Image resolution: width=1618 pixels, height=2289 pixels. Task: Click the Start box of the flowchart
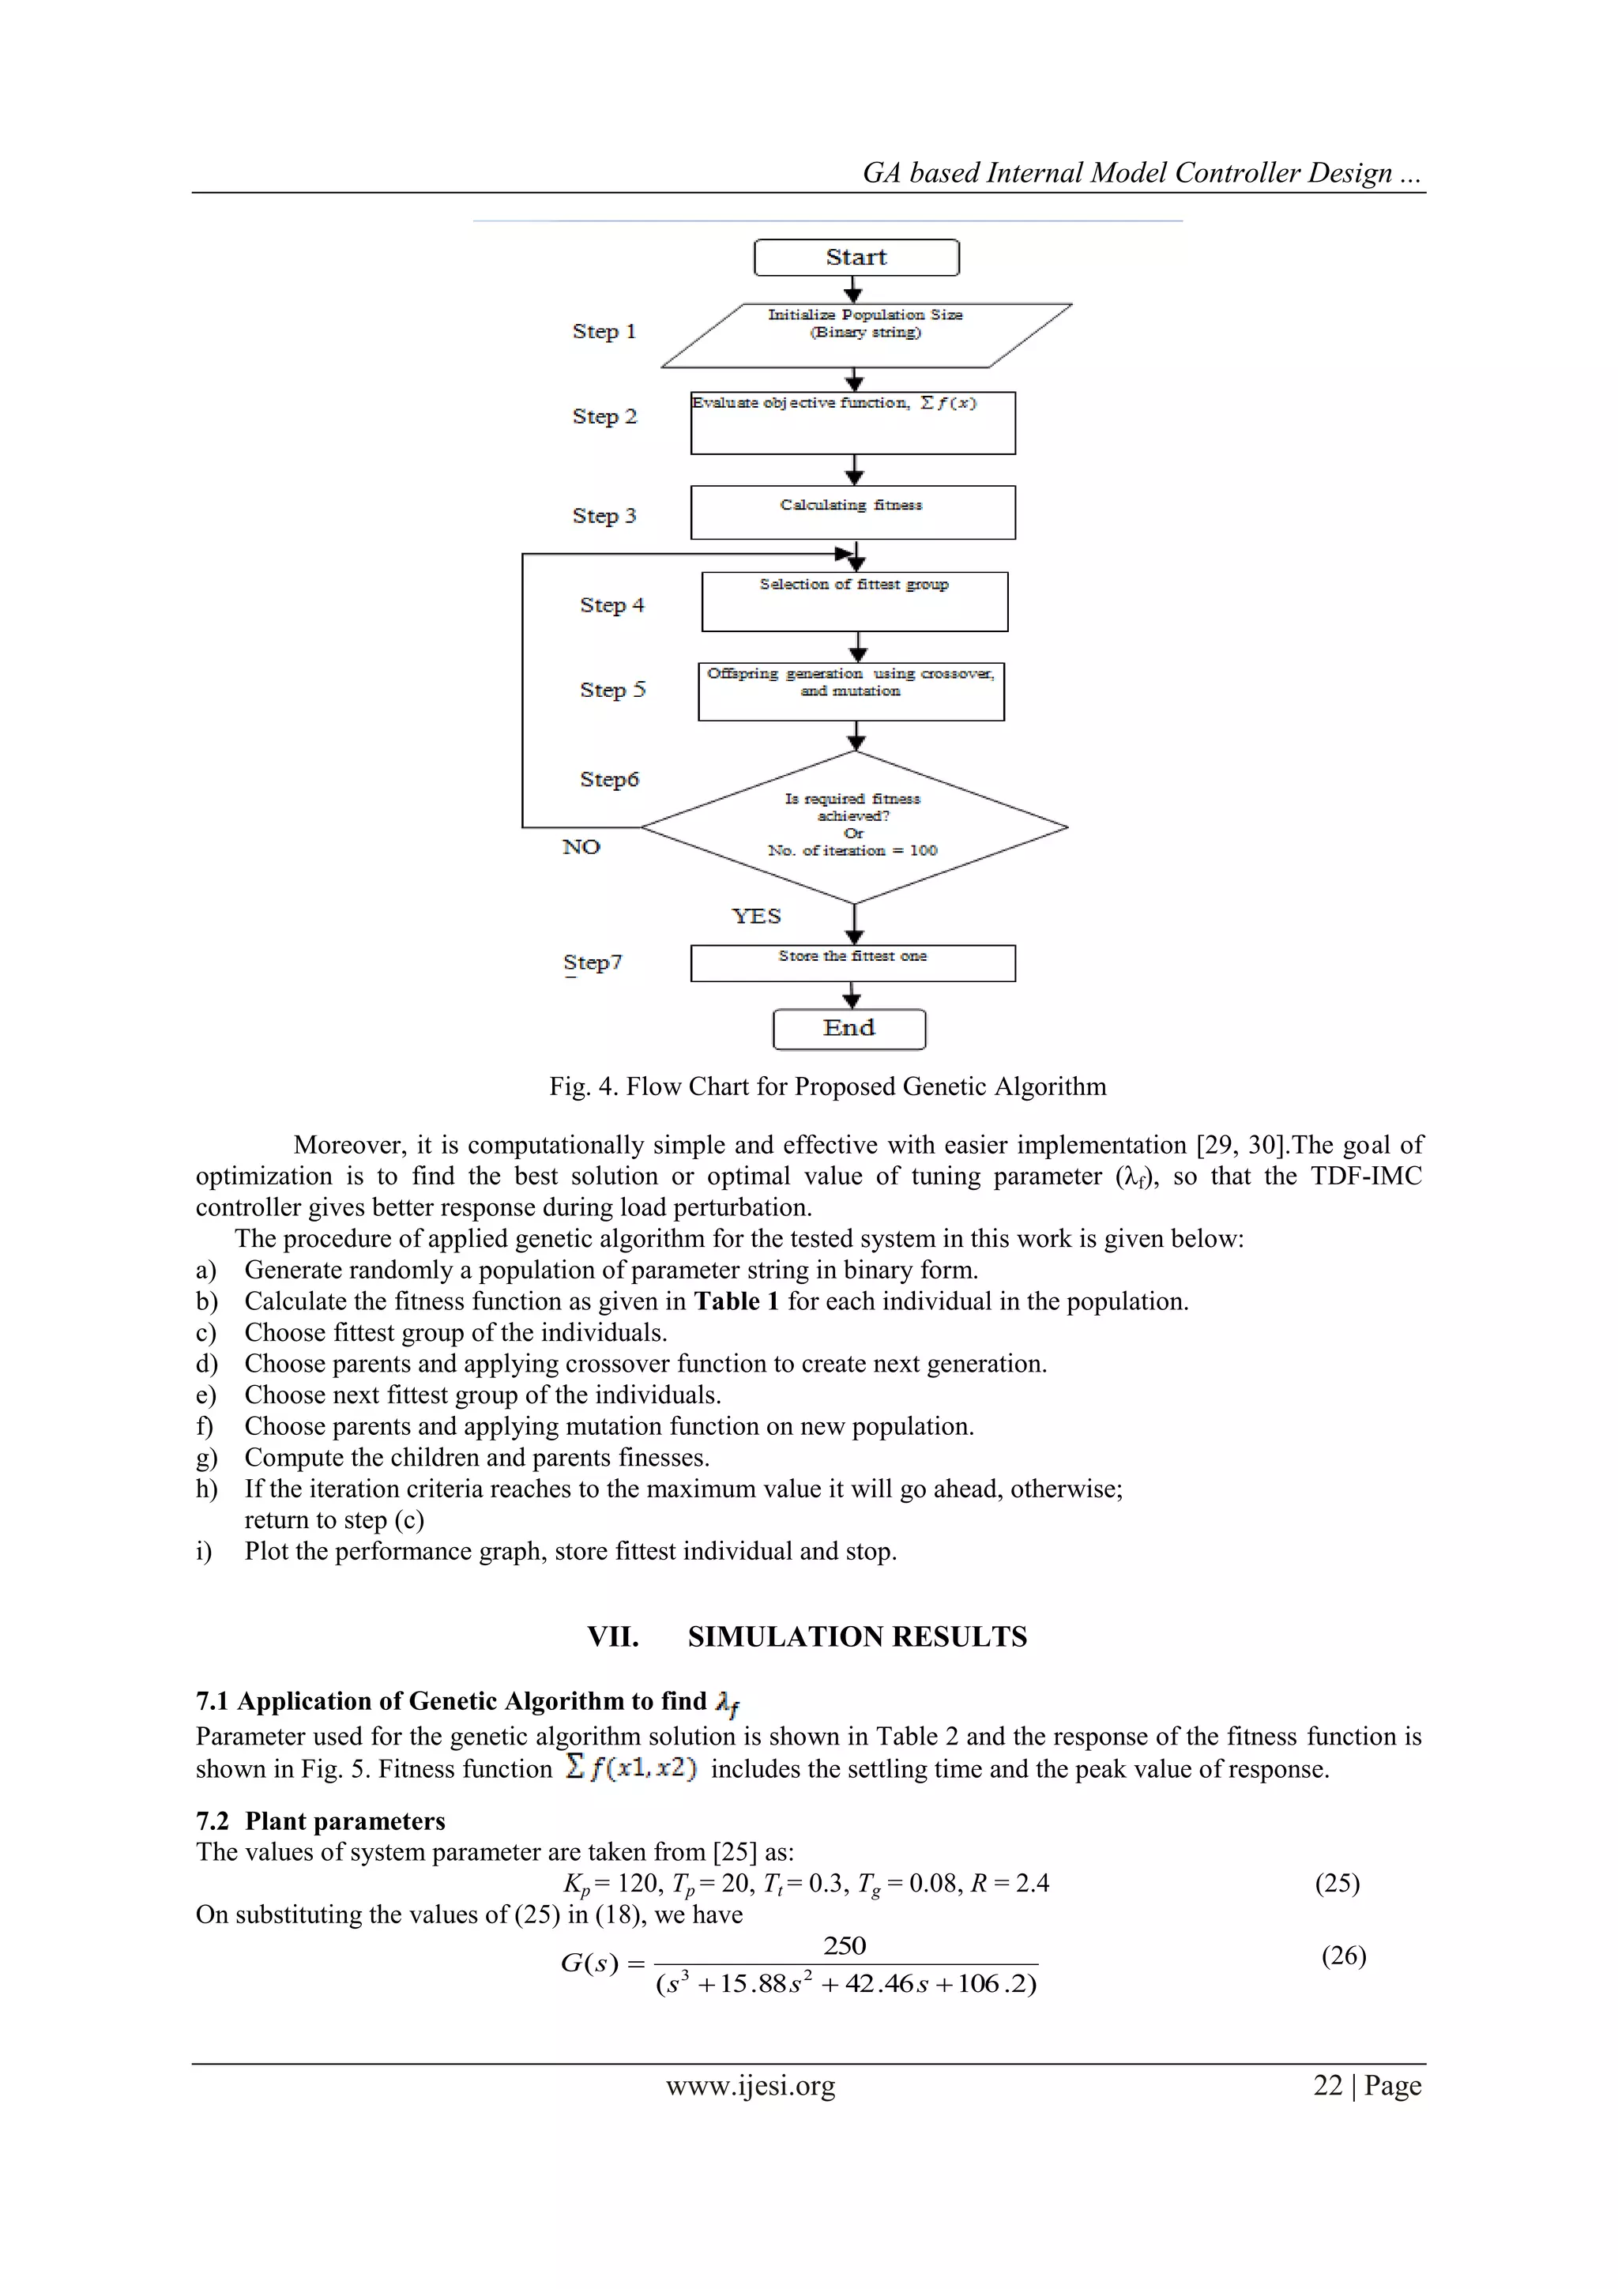pos(856,258)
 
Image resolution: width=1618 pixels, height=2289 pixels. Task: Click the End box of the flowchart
pos(849,1029)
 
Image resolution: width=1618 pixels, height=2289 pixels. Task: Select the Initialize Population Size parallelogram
pos(865,335)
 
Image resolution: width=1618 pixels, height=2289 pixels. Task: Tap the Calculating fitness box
pos(852,513)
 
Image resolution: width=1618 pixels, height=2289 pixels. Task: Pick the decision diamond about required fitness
pos(853,826)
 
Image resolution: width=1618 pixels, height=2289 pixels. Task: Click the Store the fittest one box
pos(852,963)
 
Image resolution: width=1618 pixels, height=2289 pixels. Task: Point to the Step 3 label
pos(603,515)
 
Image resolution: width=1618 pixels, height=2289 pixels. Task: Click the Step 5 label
pos(612,690)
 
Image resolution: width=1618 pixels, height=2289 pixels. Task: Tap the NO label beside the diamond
pos(581,847)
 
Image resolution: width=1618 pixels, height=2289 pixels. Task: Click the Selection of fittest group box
pos(854,601)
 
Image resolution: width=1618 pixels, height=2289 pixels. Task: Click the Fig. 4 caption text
pos(826,1086)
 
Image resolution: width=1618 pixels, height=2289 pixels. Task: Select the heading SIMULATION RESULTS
pos(856,1637)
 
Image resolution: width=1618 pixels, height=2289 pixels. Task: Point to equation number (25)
pos(1337,1883)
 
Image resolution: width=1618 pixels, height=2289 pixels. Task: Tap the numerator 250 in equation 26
pos(845,1945)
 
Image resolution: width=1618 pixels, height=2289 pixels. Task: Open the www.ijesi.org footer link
pos(750,2086)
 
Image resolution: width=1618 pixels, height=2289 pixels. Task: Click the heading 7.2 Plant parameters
pos(320,1821)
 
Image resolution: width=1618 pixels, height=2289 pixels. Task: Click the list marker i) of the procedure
pos(205,1551)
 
